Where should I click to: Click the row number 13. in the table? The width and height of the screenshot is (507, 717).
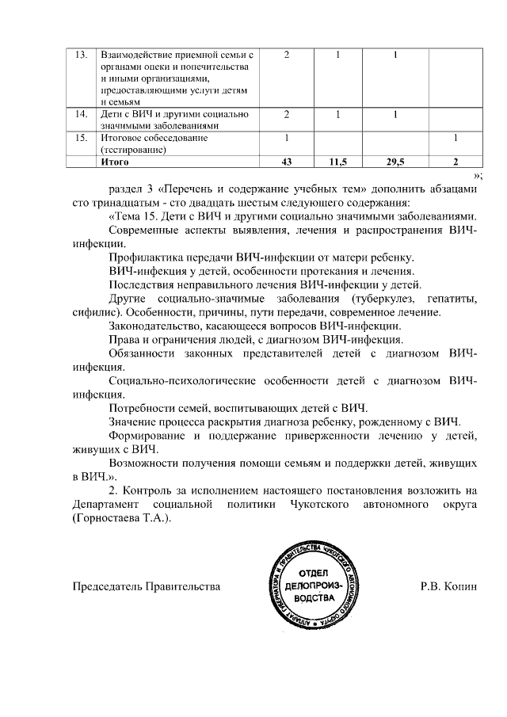80,55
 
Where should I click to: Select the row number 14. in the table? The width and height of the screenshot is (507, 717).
80,115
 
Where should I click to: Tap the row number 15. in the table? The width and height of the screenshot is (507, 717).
80,138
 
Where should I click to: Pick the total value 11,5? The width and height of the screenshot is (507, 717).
338,162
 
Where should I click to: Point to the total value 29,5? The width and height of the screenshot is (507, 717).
395,162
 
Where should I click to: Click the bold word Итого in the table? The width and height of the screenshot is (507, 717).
116,162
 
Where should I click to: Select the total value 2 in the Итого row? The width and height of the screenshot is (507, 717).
456,162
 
